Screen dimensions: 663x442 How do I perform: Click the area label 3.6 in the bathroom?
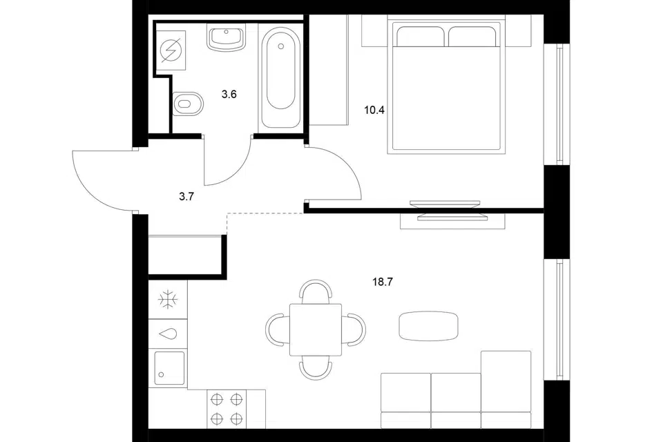[x=229, y=95]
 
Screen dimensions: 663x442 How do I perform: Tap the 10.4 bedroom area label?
[x=374, y=110]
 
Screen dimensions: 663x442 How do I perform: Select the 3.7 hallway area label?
[x=186, y=196]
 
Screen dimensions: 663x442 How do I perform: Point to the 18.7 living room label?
[x=383, y=282]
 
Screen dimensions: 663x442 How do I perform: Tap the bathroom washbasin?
[x=227, y=38]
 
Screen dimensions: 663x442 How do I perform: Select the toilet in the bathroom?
[x=188, y=104]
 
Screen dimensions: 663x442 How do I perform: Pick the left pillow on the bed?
[x=420, y=37]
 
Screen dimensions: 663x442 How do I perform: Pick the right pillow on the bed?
[x=472, y=37]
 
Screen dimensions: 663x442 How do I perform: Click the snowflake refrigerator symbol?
[x=168, y=300]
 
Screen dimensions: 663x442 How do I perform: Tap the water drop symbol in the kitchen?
[x=168, y=334]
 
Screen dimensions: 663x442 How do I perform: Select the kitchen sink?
[x=169, y=368]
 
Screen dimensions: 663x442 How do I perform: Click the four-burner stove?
[x=227, y=409]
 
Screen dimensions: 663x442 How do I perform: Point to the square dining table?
[x=316, y=329]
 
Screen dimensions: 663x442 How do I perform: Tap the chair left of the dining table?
[x=278, y=329]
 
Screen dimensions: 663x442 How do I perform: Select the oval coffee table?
[x=428, y=326]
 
